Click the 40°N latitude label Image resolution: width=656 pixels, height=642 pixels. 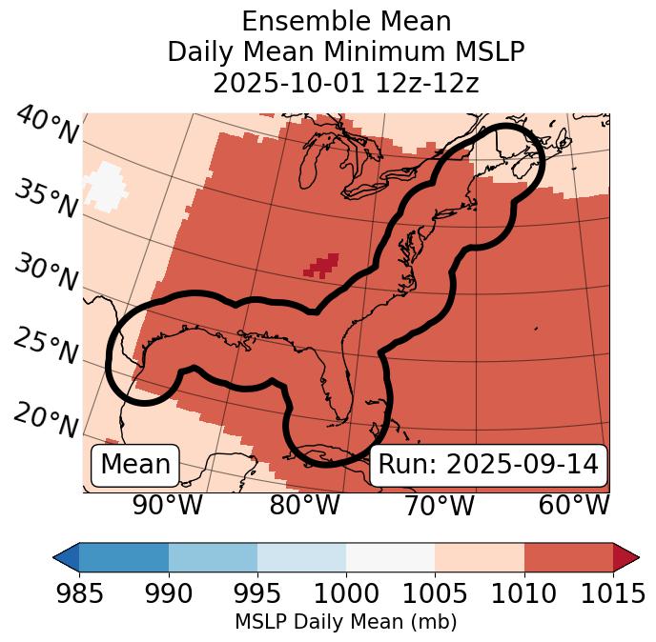pos(47,127)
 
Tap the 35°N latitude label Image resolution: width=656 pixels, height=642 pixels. pos(46,198)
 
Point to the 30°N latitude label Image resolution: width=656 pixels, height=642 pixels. pos(46,272)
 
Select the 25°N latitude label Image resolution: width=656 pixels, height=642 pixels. pos(46,346)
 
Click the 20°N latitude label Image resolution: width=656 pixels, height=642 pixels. pos(46,419)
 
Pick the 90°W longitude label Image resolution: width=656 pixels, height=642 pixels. pos(168,506)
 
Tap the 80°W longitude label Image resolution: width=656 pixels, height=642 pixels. pos(304,506)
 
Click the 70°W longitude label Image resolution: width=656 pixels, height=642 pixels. pos(439,506)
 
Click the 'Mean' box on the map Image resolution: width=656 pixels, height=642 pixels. pos(135,465)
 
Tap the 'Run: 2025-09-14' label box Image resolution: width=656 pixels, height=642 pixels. pos(488,465)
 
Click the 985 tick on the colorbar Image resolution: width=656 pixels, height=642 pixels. pos(79,593)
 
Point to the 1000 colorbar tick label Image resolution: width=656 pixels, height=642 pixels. pos(346,593)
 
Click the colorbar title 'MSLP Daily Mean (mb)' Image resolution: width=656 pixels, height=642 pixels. pos(345,622)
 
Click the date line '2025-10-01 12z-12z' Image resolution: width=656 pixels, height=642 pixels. pos(346,83)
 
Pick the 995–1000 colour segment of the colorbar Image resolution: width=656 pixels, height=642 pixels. pos(301,556)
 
